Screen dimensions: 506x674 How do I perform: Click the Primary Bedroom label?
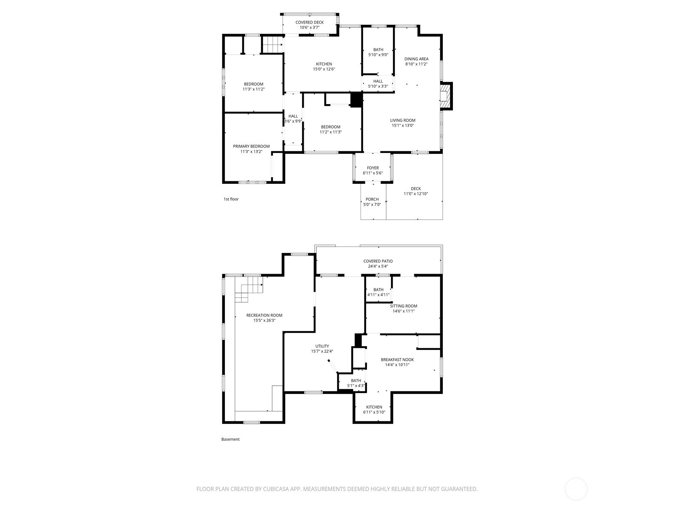(x=251, y=146)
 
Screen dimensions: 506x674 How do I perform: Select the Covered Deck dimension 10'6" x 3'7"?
(x=309, y=28)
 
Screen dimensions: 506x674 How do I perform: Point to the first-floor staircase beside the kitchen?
(x=272, y=44)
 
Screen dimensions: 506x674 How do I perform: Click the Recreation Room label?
(x=264, y=315)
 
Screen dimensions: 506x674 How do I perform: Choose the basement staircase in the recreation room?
(x=249, y=289)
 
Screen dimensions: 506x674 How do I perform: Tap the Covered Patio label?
(x=378, y=261)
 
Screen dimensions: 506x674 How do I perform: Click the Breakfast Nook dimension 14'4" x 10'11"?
(x=397, y=365)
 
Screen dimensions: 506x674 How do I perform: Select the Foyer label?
(x=372, y=168)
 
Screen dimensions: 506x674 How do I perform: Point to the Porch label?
(x=372, y=199)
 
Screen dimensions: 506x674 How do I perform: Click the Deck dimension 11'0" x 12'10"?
(x=416, y=194)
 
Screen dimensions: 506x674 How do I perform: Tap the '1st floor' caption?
(x=231, y=199)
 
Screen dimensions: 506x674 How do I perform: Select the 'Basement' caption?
(x=230, y=439)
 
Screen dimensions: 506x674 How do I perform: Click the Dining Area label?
(x=416, y=59)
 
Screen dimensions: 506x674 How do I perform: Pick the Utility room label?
(x=322, y=346)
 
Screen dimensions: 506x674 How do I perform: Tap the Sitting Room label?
(x=404, y=306)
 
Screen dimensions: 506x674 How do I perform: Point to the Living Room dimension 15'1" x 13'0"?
(x=403, y=126)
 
